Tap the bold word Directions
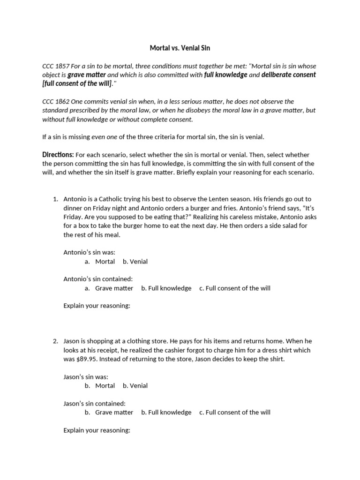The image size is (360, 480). coord(58,155)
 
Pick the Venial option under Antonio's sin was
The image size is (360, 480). coord(138,262)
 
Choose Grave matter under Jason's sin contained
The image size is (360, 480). coord(114,412)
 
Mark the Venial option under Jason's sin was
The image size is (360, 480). coord(138,386)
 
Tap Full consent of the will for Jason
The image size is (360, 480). coord(238,412)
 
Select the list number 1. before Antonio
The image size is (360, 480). coord(55,199)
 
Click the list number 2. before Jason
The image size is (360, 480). coord(55,341)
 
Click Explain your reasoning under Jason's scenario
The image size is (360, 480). coord(97,430)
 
